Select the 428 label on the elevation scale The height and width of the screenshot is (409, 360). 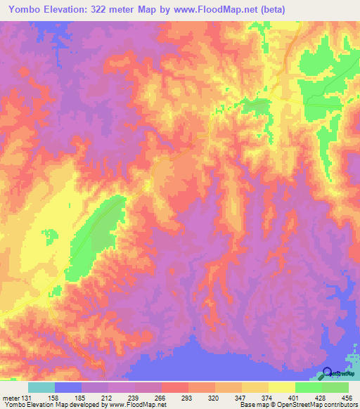(319, 398)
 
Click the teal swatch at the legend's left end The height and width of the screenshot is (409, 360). (41, 387)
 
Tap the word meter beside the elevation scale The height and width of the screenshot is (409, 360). (11, 398)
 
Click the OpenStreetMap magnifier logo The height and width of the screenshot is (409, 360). (328, 373)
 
